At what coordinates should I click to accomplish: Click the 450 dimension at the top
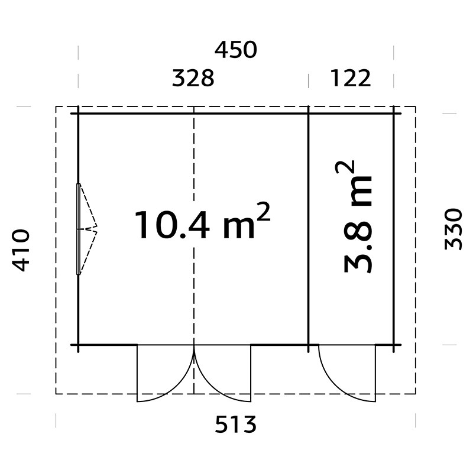pos(235,50)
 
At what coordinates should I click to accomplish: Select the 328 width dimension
pos(193,78)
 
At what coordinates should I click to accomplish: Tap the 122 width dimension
pos(351,78)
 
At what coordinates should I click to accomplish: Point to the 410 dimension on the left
pos(21,250)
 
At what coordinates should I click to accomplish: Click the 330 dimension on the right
pos(453,229)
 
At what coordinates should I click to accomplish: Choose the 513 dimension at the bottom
pos(235,424)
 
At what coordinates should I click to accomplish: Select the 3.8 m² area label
pos(358,216)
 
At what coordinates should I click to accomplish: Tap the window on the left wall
pos(79,229)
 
